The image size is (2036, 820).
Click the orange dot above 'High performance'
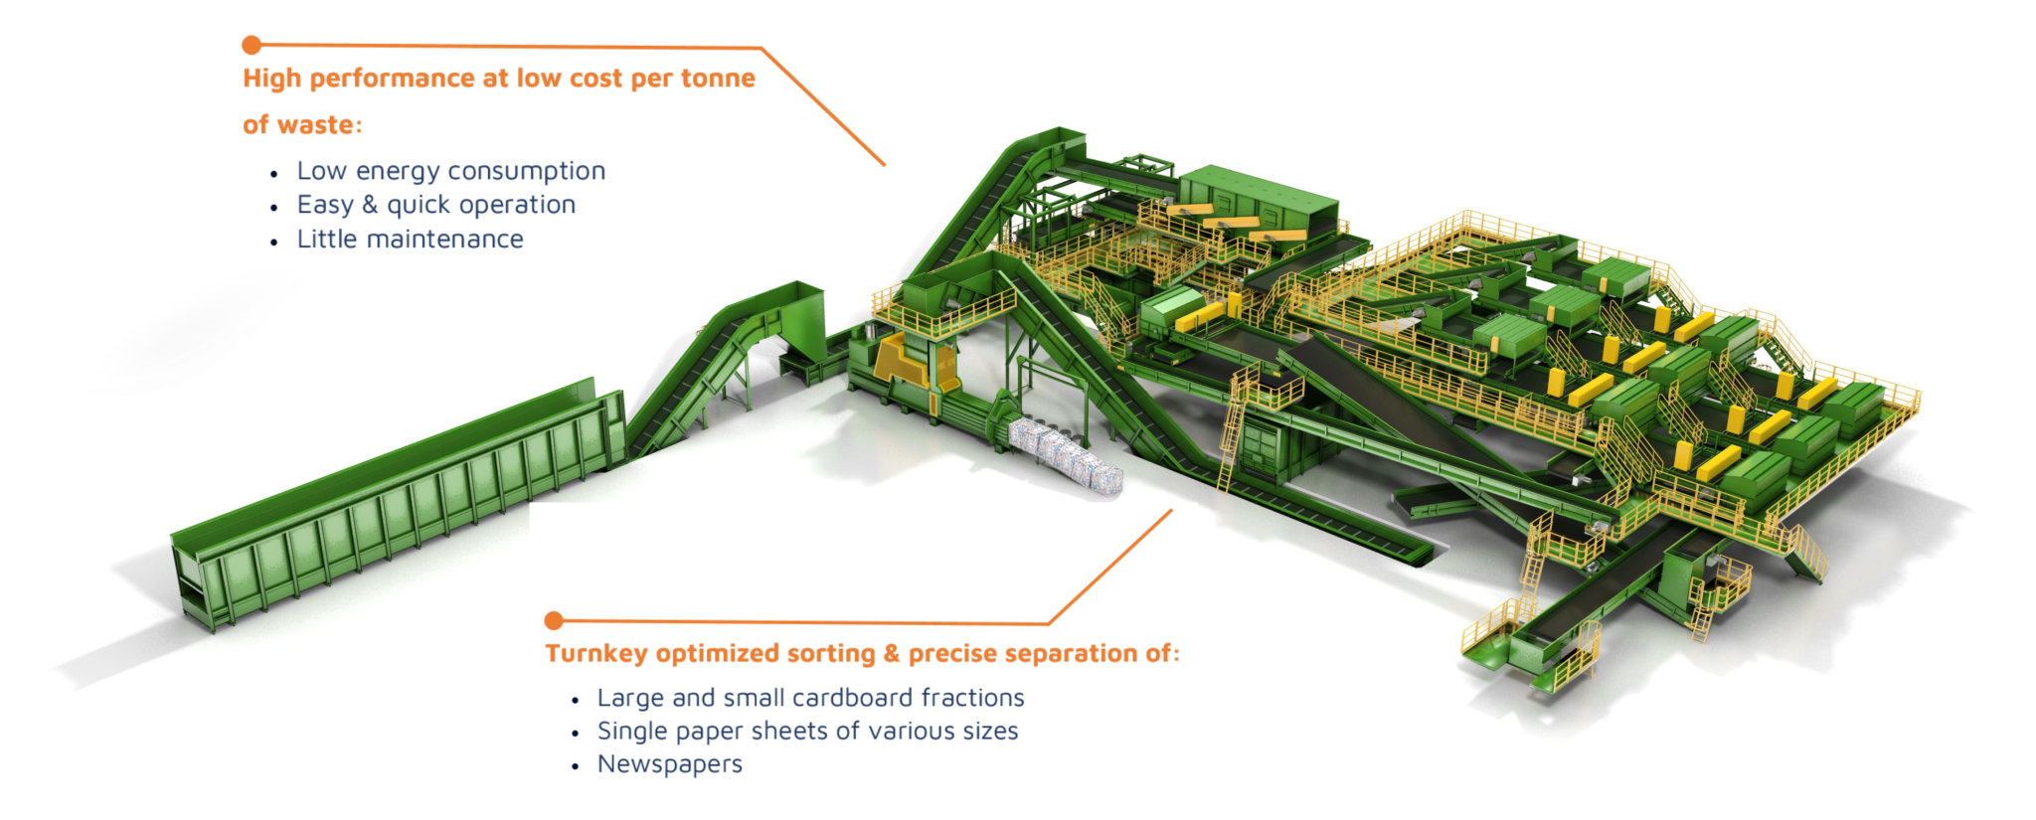pos(252,45)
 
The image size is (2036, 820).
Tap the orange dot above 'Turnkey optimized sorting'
pos(554,621)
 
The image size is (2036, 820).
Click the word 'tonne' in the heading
pos(718,79)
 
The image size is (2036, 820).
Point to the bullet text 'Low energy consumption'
pos(450,171)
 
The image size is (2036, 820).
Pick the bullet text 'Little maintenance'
pos(410,240)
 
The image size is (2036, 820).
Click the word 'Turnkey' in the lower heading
pos(596,654)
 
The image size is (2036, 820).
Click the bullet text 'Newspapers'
pos(669,764)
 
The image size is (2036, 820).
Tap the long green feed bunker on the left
pos(398,502)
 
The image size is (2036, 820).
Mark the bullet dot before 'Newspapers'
pos(576,766)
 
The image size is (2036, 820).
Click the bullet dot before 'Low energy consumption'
pos(274,174)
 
